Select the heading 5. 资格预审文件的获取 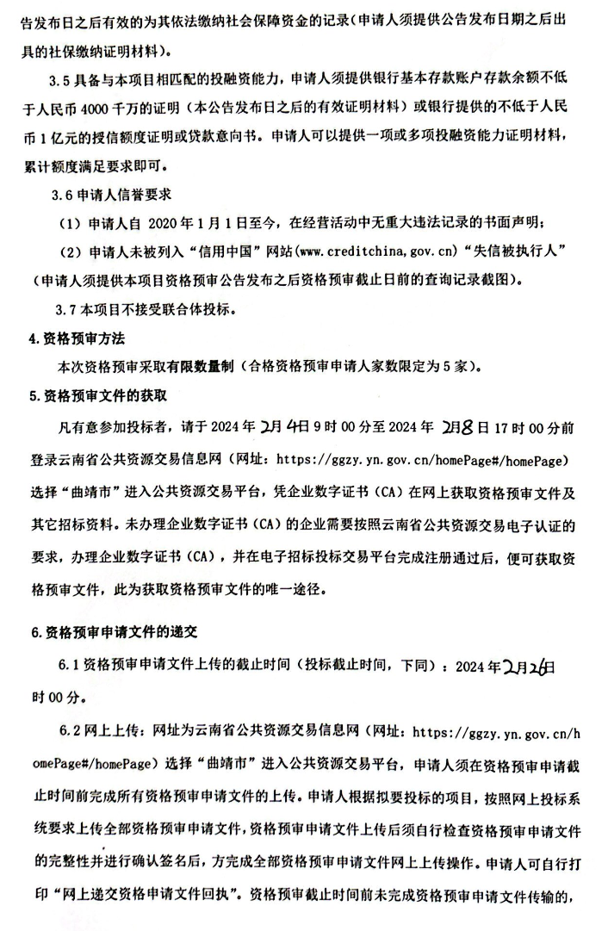click(x=97, y=395)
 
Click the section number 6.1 click(x=68, y=667)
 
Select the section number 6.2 click(x=68, y=734)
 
